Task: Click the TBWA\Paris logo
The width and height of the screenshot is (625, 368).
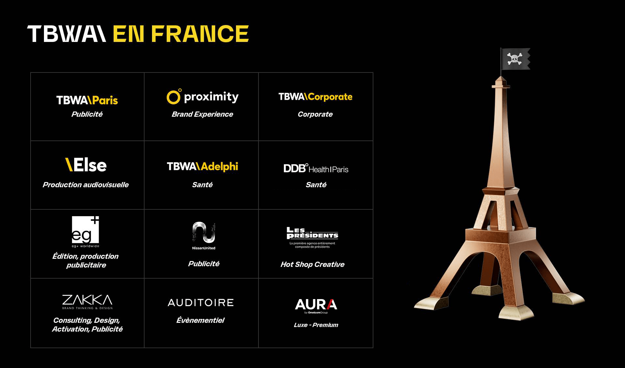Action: (x=87, y=100)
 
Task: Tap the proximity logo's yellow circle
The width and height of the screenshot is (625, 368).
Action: (x=173, y=97)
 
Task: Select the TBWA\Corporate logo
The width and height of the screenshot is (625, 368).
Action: (x=315, y=97)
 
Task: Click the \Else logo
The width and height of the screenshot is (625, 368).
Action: (x=86, y=165)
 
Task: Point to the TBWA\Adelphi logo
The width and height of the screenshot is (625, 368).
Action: (x=202, y=166)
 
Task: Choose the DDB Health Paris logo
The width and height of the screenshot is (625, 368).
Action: (x=316, y=168)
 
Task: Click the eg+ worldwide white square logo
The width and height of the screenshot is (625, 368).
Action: (x=85, y=230)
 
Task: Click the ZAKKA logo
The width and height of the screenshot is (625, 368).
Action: (x=87, y=302)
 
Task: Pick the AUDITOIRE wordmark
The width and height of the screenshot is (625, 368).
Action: (x=201, y=303)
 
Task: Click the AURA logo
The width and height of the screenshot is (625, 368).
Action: (x=316, y=306)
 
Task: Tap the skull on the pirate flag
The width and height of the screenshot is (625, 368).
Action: (x=514, y=59)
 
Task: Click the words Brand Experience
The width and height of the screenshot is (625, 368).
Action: (x=202, y=114)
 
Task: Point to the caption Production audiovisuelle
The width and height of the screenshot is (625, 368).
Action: (x=86, y=185)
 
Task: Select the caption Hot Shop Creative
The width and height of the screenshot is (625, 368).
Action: (x=312, y=264)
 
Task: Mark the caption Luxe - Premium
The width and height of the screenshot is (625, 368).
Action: (x=316, y=325)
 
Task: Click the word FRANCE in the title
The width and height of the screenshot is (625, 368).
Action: (x=200, y=34)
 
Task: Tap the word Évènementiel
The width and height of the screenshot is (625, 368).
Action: (x=201, y=320)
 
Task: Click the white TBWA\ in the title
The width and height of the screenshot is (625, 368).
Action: (x=67, y=34)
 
